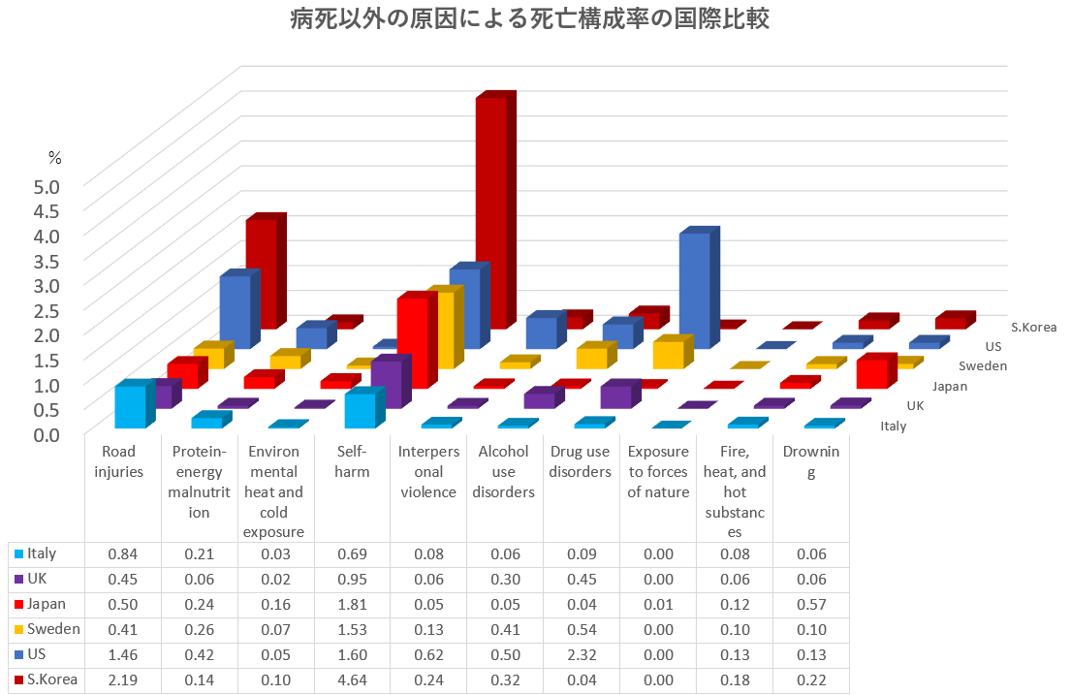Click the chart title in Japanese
[x=530, y=19]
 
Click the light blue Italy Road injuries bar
[x=130, y=406]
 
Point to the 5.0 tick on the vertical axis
[x=47, y=186]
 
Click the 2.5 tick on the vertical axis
[x=47, y=310]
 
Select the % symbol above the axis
[x=55, y=157]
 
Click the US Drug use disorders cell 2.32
[x=581, y=654]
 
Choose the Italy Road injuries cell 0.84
[x=123, y=553]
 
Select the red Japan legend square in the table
[x=18, y=605]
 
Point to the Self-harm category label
[x=351, y=461]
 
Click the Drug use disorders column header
[x=581, y=461]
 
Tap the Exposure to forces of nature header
[x=658, y=471]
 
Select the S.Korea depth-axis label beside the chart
[x=1033, y=327]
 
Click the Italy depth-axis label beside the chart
[x=893, y=426]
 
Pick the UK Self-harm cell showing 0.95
[x=351, y=579]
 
